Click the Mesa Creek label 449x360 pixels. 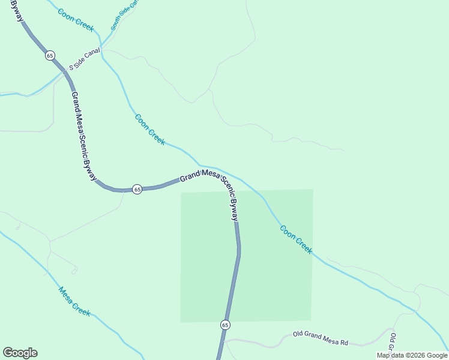74,302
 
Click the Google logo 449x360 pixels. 20,353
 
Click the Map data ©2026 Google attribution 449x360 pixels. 412,355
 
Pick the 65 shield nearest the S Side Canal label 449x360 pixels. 50,55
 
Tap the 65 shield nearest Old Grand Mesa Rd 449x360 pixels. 225,325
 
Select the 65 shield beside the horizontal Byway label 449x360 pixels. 137,189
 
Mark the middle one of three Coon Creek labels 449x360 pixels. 150,129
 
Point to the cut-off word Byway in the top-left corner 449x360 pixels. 17,11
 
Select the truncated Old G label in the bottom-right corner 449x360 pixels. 393,342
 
